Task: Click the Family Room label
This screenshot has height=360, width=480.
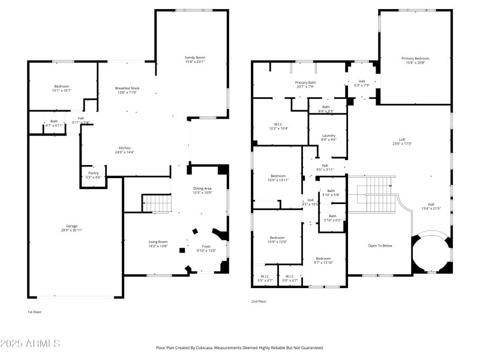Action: [x=194, y=58]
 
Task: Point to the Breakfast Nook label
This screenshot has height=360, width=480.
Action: [x=127, y=88]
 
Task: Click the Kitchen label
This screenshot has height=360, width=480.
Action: [x=125, y=148]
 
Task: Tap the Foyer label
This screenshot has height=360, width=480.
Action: [x=206, y=246]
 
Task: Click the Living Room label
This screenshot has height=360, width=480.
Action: [x=158, y=242]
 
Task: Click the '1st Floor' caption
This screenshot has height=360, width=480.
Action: [x=35, y=312]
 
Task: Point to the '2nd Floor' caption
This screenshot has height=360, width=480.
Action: [x=259, y=302]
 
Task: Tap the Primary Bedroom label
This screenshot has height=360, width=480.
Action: [x=415, y=58]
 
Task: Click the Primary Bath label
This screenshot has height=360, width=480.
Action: [x=305, y=82]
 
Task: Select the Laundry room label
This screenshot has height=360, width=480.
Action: [x=328, y=135]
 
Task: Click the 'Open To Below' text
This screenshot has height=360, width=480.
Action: [x=380, y=245]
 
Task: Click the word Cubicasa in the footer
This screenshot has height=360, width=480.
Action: [x=214, y=347]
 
